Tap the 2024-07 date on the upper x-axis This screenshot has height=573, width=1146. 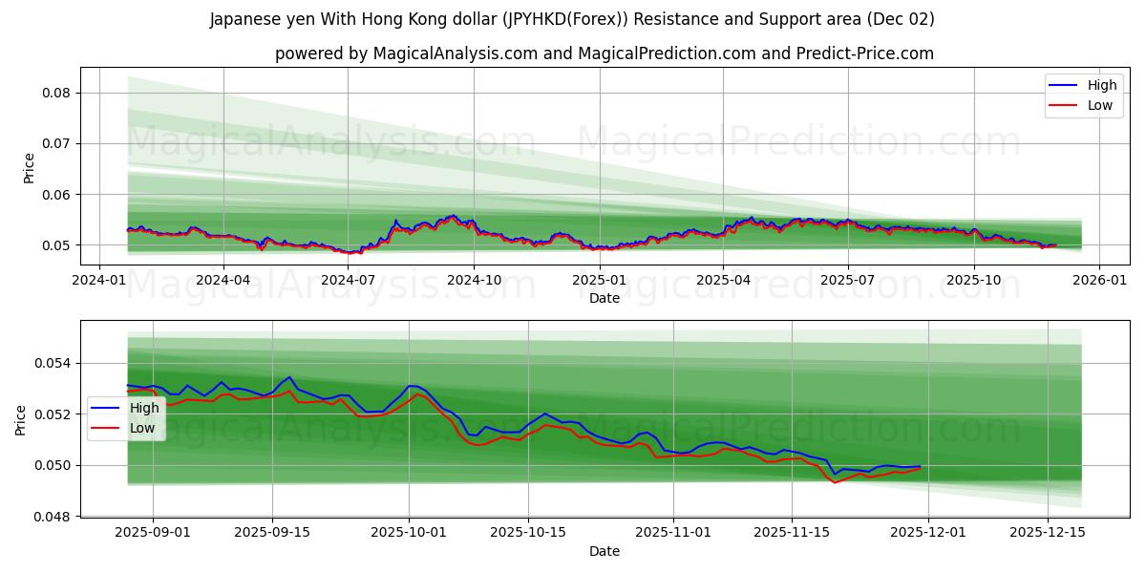pos(348,280)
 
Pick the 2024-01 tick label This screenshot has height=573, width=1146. pos(99,280)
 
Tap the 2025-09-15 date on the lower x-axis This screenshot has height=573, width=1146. pos(272,532)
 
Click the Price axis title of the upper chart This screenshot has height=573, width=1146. pos(29,168)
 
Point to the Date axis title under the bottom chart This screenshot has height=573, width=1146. pos(604,551)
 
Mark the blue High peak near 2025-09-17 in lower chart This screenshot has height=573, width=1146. pos(289,376)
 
